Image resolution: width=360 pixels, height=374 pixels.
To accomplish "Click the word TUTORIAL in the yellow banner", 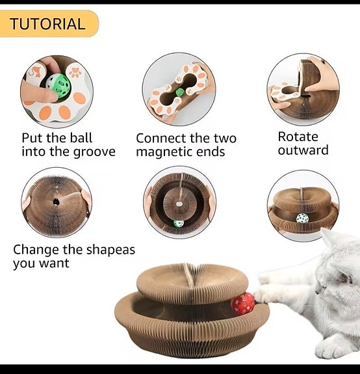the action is [x=47, y=24].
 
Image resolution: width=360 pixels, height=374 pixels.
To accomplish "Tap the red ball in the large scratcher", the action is [x=243, y=303].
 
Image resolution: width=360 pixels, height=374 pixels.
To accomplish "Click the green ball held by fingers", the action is [x=58, y=85].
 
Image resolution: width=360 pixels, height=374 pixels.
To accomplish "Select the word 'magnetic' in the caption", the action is [x=162, y=152].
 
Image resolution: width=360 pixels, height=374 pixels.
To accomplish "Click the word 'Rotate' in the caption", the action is [x=298, y=137].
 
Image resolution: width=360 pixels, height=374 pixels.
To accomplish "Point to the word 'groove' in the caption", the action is [x=94, y=152].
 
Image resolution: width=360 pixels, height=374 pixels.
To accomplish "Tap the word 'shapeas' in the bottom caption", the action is [x=110, y=250].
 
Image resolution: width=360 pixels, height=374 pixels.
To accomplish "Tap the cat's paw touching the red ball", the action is [x=262, y=294].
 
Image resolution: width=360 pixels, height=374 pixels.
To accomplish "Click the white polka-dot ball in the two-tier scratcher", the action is [x=302, y=218].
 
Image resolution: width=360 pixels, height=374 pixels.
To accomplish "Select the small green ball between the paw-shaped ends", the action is [x=180, y=92].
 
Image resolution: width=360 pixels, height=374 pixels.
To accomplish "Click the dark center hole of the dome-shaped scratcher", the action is [x=57, y=202].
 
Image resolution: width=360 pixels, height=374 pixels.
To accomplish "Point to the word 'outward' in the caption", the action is [x=303, y=150].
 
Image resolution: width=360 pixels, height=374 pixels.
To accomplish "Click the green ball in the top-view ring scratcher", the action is [x=179, y=223].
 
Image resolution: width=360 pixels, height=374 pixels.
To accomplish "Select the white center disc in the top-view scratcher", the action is [x=179, y=204].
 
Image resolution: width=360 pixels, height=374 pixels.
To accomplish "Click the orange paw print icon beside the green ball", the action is [x=75, y=73].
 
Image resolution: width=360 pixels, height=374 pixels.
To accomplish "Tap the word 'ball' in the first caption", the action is [x=81, y=138].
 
